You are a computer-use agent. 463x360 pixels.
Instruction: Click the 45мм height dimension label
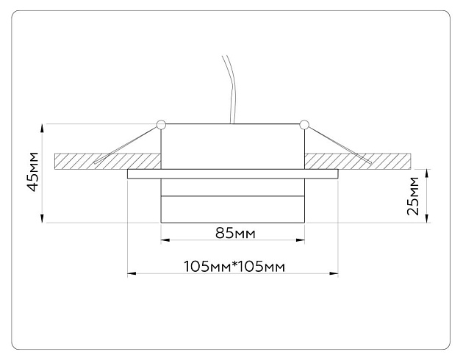point(32,173)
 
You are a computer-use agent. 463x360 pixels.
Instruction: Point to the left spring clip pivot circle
point(161,123)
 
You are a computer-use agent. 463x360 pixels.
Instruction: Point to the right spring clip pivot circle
point(304,123)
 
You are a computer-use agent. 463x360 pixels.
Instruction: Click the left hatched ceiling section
point(103,159)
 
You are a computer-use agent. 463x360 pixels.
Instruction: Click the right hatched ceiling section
point(367,159)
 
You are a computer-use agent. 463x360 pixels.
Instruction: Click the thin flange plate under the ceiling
point(233,174)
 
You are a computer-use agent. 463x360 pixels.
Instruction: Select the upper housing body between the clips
point(233,145)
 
